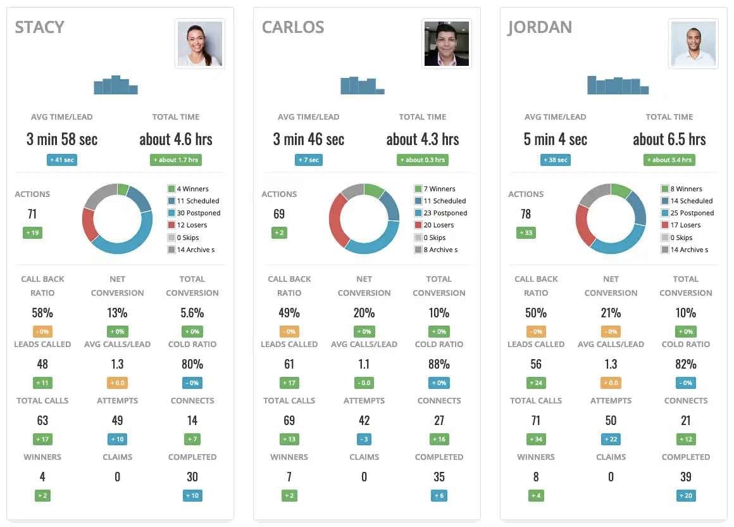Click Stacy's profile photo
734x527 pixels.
[199, 44]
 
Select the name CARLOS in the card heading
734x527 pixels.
[293, 27]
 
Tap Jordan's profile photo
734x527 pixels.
[693, 44]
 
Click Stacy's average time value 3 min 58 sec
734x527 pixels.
[62, 139]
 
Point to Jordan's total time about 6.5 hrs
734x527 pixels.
[669, 139]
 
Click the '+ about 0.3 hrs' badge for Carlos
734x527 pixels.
[423, 160]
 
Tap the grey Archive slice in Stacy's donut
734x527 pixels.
[97, 197]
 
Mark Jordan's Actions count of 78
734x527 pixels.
[526, 214]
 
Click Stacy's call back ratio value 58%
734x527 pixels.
[42, 313]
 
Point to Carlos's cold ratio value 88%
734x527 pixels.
[439, 364]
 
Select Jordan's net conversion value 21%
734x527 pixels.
[611, 313]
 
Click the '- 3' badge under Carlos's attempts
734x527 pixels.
[364, 439]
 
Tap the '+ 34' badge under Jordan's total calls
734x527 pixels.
[536, 439]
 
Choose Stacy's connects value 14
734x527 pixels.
[192, 421]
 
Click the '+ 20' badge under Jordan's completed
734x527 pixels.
[686, 495]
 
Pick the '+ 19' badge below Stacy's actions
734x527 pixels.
[32, 233]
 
